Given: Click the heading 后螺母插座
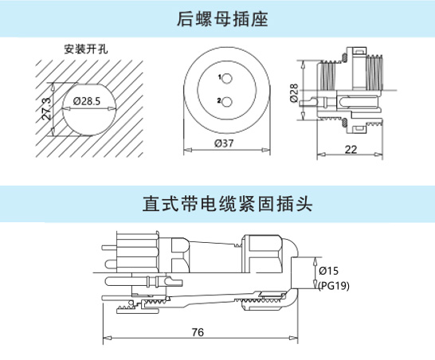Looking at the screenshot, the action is pyautogui.click(x=222, y=19).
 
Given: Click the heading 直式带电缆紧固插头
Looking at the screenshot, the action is pyautogui.click(x=228, y=204).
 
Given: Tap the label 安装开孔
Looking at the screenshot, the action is pyautogui.click(x=86, y=49).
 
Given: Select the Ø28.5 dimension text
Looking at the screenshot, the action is pyautogui.click(x=87, y=101).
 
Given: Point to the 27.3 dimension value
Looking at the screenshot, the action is pyautogui.click(x=46, y=108).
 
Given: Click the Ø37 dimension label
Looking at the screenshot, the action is pyautogui.click(x=224, y=143).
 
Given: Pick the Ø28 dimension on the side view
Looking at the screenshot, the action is pyautogui.click(x=294, y=93).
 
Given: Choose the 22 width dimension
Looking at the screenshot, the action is pyautogui.click(x=351, y=150).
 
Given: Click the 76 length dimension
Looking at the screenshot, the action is pyautogui.click(x=198, y=332).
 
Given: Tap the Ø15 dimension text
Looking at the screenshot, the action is pyautogui.click(x=328, y=271).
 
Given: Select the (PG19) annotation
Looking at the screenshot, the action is pyautogui.click(x=334, y=286).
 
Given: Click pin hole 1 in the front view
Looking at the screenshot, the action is pyautogui.click(x=226, y=79).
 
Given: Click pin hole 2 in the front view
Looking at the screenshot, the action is pyautogui.click(x=226, y=102).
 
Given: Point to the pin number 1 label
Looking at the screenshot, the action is pyautogui.click(x=219, y=77).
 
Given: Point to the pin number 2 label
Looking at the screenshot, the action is pyautogui.click(x=219, y=100).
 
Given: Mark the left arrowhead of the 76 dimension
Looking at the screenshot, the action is pyautogui.click(x=107, y=338).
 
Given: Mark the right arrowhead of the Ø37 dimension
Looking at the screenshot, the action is pyautogui.click(x=266, y=150).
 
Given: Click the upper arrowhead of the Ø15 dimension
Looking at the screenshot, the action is pyautogui.click(x=315, y=261).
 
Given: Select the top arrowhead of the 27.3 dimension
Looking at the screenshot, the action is pyautogui.click(x=53, y=87).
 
